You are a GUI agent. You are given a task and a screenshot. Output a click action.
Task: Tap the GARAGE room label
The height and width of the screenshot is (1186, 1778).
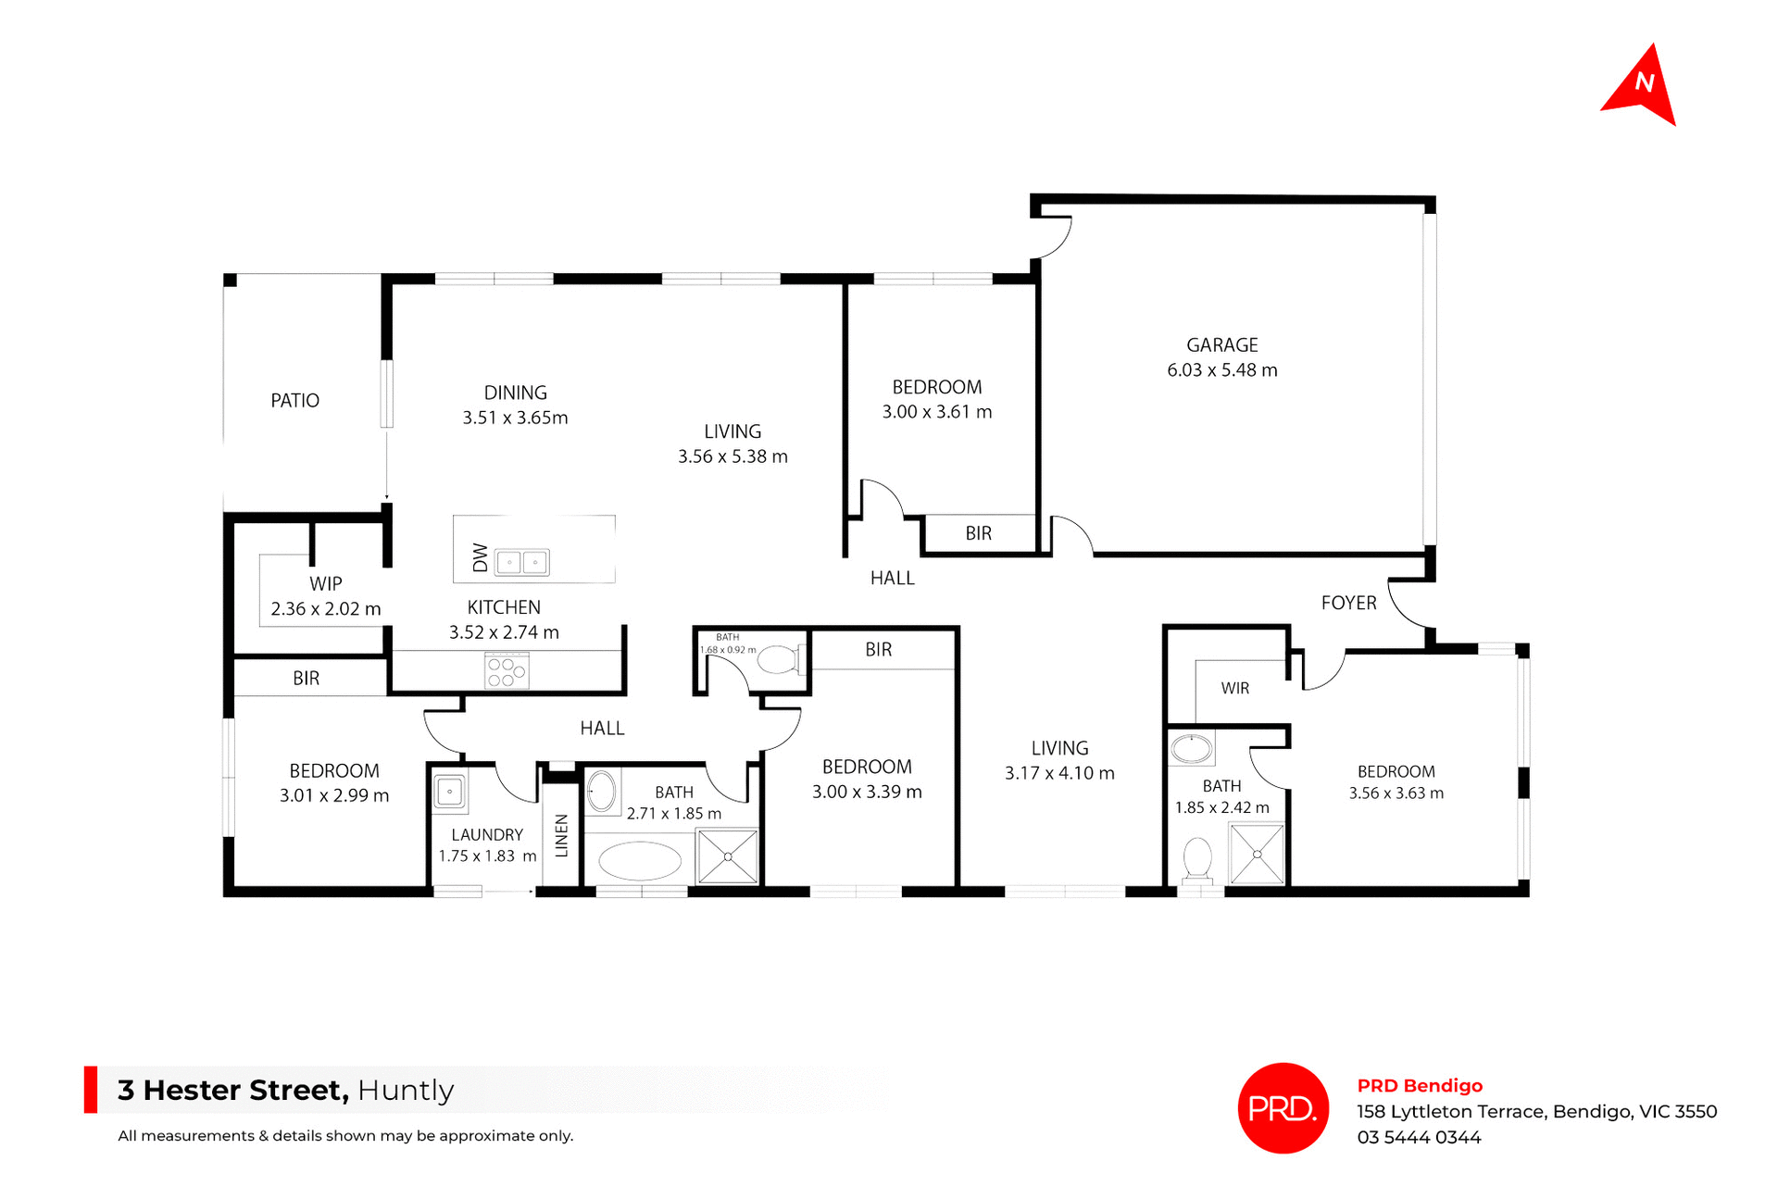(1221, 345)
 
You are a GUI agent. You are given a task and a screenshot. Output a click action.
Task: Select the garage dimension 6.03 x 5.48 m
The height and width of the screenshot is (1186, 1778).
(1221, 370)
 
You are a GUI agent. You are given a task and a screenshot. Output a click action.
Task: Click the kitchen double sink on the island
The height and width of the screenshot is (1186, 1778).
(521, 562)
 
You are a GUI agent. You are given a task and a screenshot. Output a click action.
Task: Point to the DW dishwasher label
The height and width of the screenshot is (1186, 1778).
(480, 557)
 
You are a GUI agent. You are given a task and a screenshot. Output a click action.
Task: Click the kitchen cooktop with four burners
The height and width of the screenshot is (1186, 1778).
(507, 671)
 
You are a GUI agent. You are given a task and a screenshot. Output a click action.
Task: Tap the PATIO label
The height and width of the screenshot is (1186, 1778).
(294, 401)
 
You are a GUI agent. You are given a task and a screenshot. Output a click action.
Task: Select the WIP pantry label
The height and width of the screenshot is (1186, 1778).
(325, 584)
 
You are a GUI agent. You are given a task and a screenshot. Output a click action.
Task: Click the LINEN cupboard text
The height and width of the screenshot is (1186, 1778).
(561, 835)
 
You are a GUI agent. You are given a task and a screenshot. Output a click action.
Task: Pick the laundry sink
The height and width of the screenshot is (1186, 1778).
(450, 793)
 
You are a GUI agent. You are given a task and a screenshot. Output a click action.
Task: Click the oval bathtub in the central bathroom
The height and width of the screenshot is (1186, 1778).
(640, 861)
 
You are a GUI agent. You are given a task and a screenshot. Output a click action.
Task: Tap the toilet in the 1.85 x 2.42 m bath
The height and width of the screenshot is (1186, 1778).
(1197, 859)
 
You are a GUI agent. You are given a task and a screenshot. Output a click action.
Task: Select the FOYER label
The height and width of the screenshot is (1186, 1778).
(1348, 603)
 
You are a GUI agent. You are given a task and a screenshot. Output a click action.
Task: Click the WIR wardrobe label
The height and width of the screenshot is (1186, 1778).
(1234, 689)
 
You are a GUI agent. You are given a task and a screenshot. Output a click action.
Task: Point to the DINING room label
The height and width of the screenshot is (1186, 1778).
(515, 393)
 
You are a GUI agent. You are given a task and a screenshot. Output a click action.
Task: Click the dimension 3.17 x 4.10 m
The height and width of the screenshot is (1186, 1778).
(1059, 773)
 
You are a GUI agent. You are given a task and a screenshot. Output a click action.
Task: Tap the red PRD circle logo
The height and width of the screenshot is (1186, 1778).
(1283, 1107)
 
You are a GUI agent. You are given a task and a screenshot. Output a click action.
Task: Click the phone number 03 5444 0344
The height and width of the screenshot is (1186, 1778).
(1419, 1138)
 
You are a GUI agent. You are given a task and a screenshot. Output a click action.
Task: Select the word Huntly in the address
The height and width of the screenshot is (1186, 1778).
(406, 1091)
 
